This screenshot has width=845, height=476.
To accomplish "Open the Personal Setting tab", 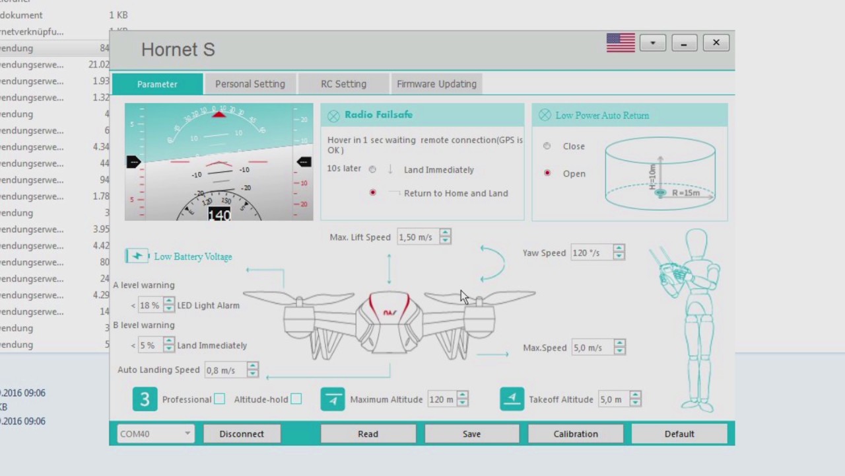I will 250,84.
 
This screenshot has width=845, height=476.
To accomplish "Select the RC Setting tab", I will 343,84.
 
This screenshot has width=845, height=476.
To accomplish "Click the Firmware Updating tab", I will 436,84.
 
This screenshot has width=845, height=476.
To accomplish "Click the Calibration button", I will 575,434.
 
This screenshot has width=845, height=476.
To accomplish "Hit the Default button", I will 679,434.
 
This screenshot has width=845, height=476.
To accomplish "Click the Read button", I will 368,434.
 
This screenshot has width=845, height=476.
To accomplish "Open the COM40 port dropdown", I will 156,434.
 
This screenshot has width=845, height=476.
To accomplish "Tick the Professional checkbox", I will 219,399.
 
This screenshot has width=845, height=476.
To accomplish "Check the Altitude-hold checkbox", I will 296,399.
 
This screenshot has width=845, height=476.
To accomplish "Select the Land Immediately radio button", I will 372,169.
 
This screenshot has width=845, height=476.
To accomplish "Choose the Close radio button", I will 547,146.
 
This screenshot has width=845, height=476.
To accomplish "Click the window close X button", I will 716,43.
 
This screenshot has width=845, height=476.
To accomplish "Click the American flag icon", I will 621,43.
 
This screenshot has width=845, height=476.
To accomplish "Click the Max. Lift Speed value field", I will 418,237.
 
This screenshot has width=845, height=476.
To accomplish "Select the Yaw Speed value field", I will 591,253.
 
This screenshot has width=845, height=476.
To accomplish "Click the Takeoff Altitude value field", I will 613,399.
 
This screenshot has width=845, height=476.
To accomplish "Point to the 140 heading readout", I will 219,215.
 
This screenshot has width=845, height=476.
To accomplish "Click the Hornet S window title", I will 178,50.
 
